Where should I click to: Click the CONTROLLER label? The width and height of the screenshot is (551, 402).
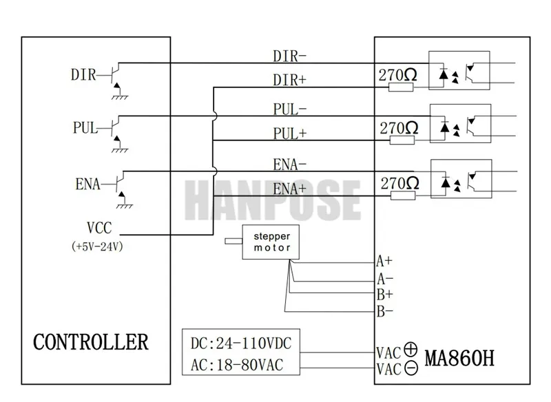click(91, 341)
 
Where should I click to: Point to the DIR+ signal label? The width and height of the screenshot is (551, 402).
click(290, 80)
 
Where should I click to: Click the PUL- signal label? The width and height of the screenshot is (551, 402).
click(290, 109)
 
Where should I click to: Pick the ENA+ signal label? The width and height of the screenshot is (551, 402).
click(290, 188)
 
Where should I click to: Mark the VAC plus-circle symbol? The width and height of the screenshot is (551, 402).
click(412, 349)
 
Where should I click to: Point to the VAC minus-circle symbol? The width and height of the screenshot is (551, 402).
click(412, 368)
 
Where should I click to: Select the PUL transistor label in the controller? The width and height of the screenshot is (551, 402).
click(85, 127)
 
